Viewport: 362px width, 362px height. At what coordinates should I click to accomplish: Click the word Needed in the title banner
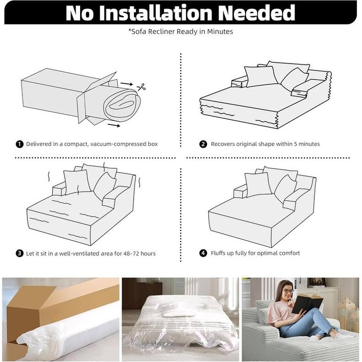[x=256, y=13]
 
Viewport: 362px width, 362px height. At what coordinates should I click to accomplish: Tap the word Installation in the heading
[x=156, y=13]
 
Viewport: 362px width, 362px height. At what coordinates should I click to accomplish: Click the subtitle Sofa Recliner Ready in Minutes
[x=182, y=32]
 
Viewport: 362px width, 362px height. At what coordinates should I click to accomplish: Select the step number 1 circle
[x=20, y=144]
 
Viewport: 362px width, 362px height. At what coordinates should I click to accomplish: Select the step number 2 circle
[x=203, y=144]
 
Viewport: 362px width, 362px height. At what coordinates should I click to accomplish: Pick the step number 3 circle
[x=20, y=253]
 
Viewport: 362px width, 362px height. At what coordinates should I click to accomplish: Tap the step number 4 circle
[x=203, y=253]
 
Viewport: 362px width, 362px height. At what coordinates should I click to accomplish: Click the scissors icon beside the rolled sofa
[x=141, y=87]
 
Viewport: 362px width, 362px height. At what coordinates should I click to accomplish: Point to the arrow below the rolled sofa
[x=114, y=125]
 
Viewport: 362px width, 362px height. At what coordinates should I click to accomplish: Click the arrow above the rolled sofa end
[x=127, y=84]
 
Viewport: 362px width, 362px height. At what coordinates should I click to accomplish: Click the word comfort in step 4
[x=290, y=253]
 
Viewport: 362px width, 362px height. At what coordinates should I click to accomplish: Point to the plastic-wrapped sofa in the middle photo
[x=180, y=323]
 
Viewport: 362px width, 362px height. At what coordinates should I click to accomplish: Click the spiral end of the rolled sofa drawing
[x=122, y=105]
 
